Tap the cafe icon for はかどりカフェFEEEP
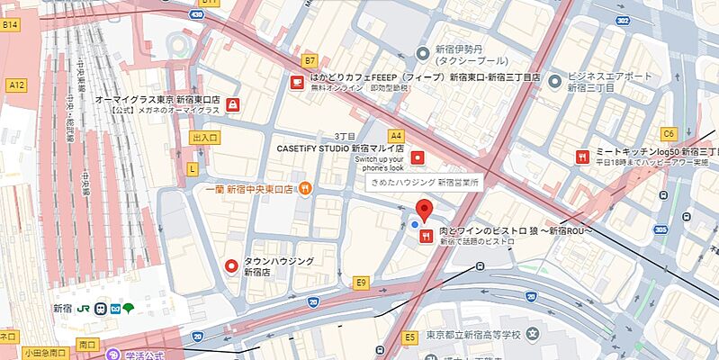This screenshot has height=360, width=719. pos(296,82)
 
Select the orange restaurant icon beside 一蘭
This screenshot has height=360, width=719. pos(306,188)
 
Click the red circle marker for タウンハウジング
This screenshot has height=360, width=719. pos(231,265)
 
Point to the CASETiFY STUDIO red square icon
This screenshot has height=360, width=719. pos(417,158)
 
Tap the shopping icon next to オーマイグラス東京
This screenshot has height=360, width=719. pos(234,104)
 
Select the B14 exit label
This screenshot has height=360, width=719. pos(10,25)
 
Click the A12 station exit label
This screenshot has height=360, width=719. pos(15,85)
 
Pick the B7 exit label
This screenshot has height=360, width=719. pos(310,60)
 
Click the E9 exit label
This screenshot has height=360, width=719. pos(362,283)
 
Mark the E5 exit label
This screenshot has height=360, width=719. pos(409,337)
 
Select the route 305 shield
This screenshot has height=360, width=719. pos(661,229)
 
